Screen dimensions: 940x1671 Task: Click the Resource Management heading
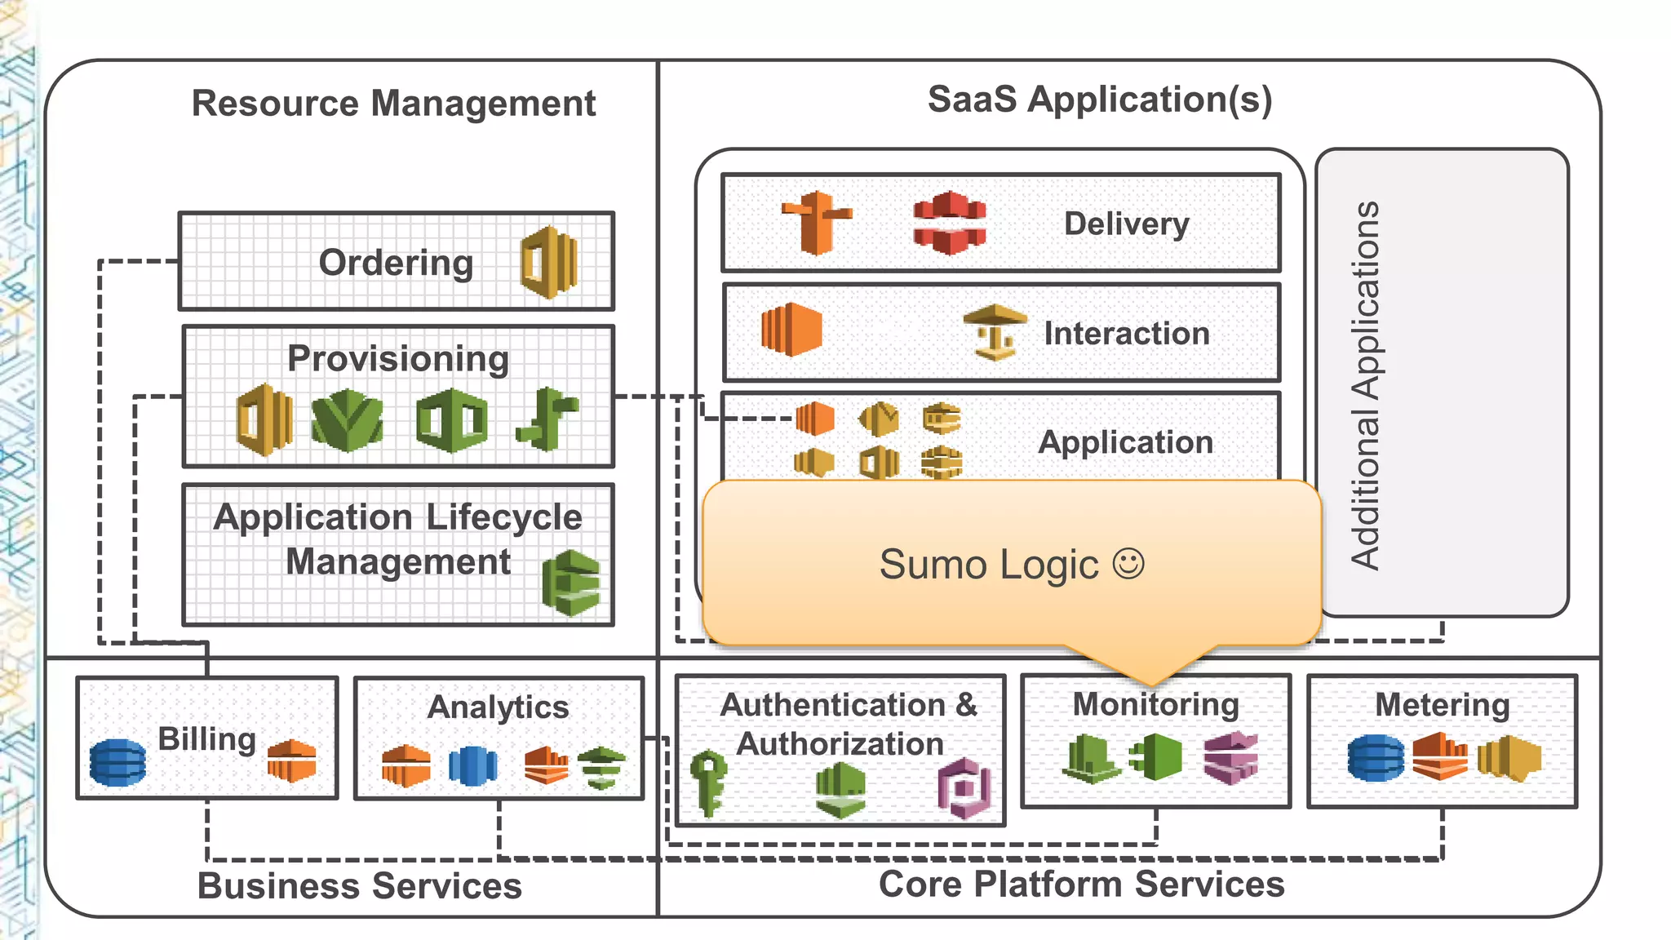(x=393, y=104)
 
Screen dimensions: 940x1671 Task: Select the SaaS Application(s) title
(x=1099, y=100)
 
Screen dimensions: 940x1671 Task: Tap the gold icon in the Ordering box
(x=549, y=262)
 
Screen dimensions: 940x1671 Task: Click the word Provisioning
(x=398, y=359)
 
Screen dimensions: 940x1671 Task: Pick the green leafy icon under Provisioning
(x=348, y=420)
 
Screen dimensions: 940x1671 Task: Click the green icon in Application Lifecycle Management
(x=571, y=583)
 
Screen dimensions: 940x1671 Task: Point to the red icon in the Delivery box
(x=949, y=223)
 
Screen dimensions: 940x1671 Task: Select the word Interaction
(x=1126, y=334)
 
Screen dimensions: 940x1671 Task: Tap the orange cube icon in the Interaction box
(x=791, y=330)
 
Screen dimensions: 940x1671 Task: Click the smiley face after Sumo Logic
(x=1128, y=564)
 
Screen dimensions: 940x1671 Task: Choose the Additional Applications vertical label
(x=1364, y=384)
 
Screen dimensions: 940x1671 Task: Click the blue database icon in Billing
(x=118, y=762)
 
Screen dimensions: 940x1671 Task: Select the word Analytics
(x=498, y=707)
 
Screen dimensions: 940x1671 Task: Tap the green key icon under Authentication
(x=707, y=783)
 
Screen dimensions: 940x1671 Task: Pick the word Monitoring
(x=1155, y=704)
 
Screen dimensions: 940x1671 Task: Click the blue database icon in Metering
(x=1376, y=758)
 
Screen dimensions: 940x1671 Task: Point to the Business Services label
(x=359, y=885)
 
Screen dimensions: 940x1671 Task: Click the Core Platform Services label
(x=1081, y=884)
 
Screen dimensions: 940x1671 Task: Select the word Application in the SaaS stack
(x=1125, y=442)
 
